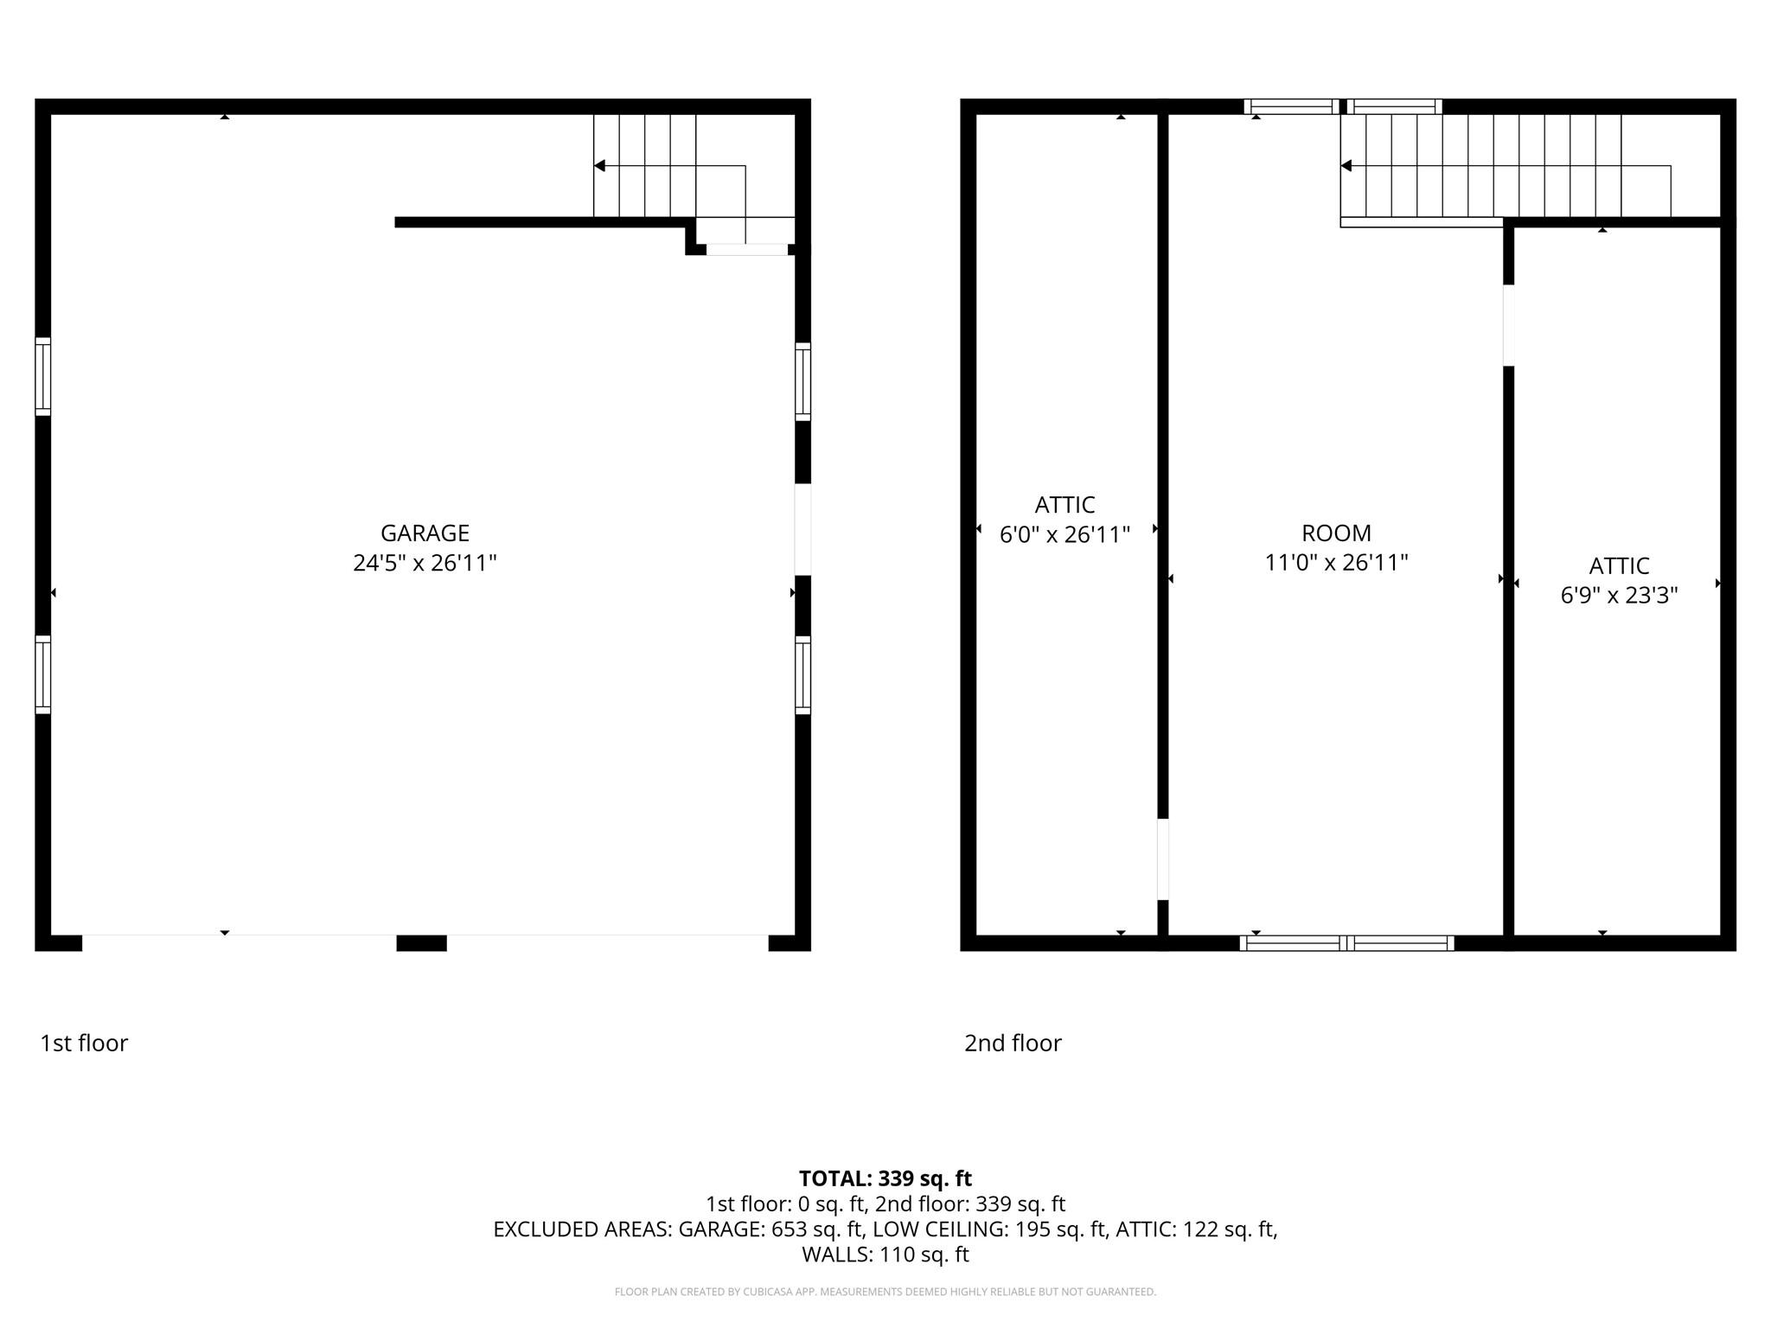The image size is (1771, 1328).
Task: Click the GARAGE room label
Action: click(x=425, y=533)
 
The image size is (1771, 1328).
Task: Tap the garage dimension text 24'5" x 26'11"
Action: click(x=425, y=563)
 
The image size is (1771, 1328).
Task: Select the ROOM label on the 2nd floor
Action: click(x=1336, y=533)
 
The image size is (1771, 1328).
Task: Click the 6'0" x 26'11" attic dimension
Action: click(x=1065, y=534)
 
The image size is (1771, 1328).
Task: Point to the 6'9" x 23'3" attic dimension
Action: click(x=1619, y=595)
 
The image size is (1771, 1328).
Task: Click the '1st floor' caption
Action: click(x=84, y=1043)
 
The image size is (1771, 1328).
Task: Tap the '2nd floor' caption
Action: click(x=1013, y=1043)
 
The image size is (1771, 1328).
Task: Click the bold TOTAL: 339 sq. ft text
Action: click(x=885, y=1178)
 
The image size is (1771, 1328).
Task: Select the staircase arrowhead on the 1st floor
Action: click(x=599, y=165)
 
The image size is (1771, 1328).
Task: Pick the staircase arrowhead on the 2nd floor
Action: click(x=1346, y=165)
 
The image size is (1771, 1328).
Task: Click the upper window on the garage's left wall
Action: click(x=42, y=376)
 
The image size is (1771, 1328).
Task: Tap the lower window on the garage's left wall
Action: click(x=42, y=674)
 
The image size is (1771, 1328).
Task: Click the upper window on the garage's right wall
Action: click(x=802, y=381)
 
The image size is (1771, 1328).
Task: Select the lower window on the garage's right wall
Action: click(x=802, y=675)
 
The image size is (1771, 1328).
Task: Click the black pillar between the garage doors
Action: click(x=421, y=942)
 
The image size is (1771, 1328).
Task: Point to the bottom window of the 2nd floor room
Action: click(x=1346, y=943)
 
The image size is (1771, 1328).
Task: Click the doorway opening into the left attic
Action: click(x=1163, y=859)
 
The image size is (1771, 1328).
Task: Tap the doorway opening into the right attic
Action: click(x=1509, y=325)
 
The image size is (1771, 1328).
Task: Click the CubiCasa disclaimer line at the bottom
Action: click(x=885, y=1292)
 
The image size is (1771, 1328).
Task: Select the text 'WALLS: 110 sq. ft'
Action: click(x=885, y=1255)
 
